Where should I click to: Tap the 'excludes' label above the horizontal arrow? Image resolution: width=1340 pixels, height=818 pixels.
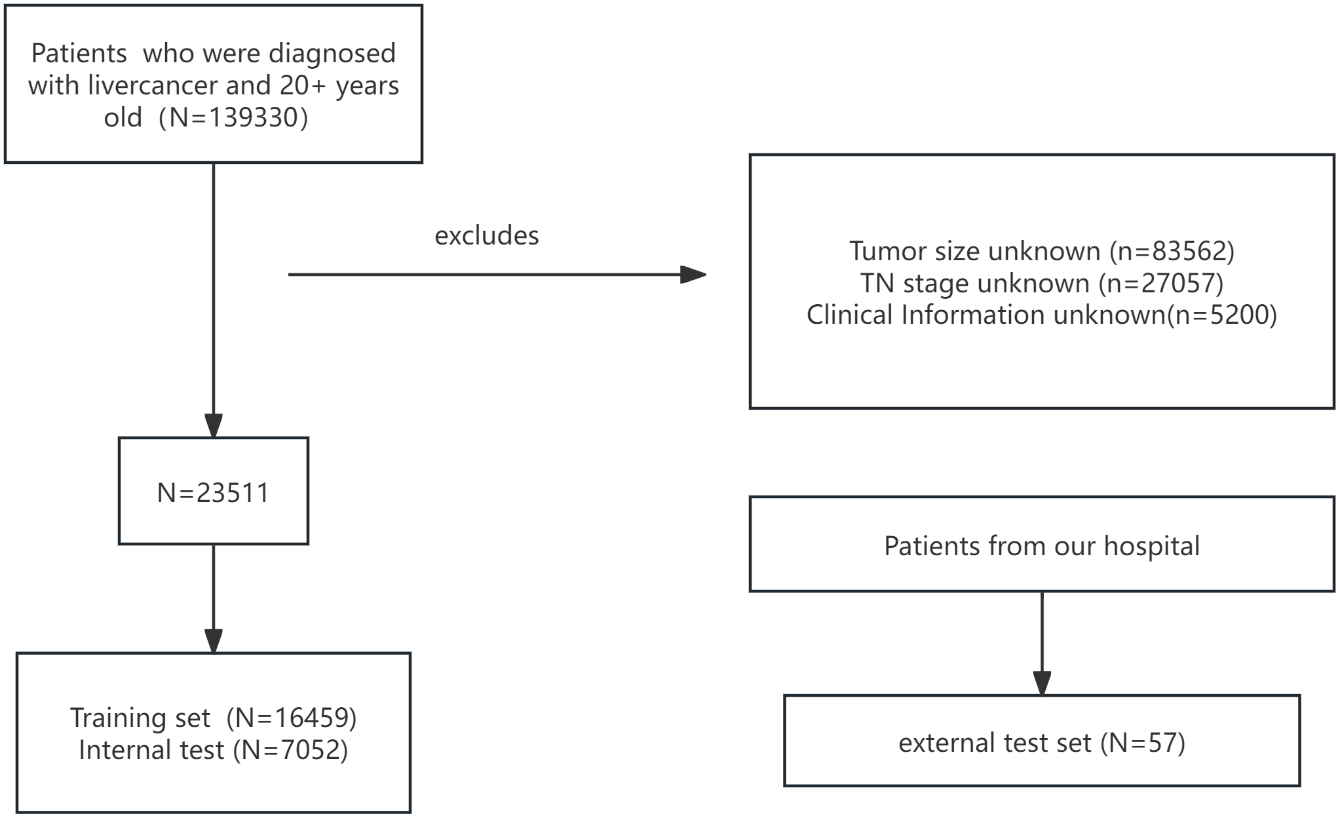pos(486,236)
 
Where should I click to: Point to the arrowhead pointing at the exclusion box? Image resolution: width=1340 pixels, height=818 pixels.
pos(693,275)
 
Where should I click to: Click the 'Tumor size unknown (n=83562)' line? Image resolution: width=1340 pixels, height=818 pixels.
pos(1041,252)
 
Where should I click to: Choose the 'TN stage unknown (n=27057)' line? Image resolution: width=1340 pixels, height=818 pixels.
pos(1041,283)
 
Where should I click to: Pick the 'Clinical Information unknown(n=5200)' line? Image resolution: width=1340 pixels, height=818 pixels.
pos(1041,315)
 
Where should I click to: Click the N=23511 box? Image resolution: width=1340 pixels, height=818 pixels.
pos(213,492)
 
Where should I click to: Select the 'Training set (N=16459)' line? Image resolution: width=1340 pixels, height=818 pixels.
pos(213,718)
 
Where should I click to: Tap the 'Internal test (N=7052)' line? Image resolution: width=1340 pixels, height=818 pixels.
pos(213,750)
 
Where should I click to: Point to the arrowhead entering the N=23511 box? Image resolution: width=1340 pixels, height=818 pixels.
pos(214,425)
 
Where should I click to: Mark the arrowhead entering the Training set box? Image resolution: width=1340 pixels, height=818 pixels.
pos(214,641)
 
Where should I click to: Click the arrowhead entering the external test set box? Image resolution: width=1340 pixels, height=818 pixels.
pos(1042,684)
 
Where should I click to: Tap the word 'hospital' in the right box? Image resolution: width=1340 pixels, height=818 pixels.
pos(1151,546)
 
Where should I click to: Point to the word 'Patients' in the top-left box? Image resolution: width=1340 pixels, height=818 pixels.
pos(79,54)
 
